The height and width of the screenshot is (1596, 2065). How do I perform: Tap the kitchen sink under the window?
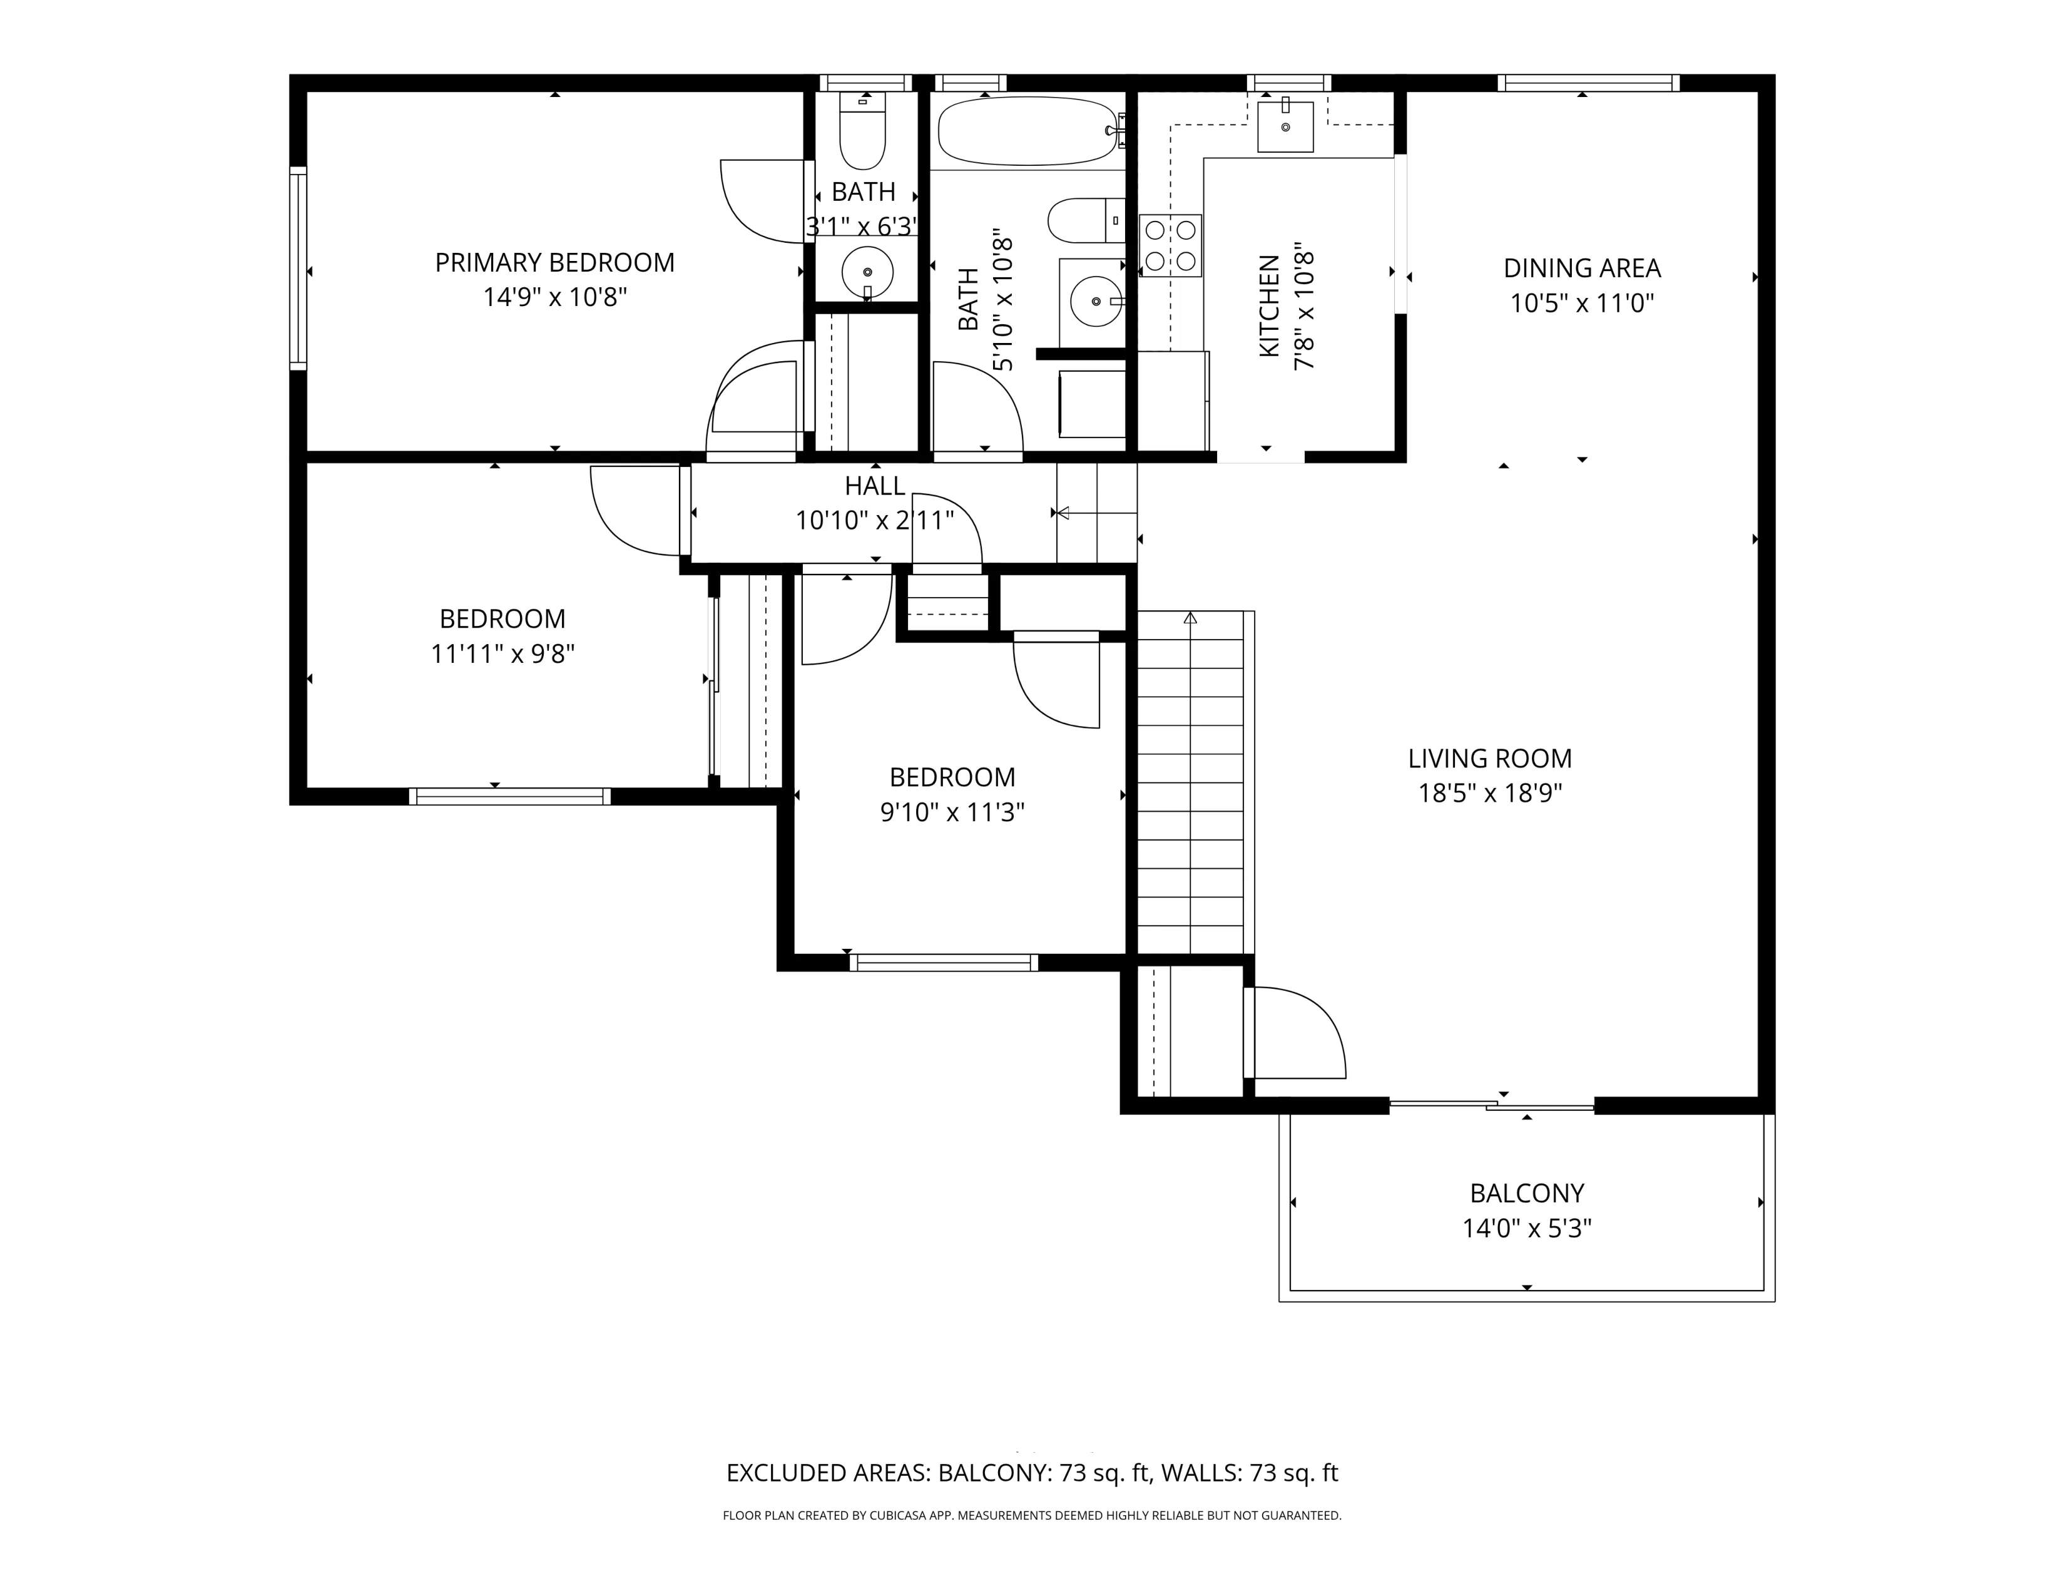point(1285,126)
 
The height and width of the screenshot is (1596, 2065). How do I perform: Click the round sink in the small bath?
point(867,272)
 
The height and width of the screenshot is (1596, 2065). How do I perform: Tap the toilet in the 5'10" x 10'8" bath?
point(1084,220)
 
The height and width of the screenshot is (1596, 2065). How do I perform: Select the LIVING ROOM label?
point(1489,759)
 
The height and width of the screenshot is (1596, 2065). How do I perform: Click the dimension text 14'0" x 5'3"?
point(1526,1228)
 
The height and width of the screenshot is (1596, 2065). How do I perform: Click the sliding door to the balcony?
point(1491,1104)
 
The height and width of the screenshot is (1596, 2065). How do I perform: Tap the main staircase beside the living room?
point(1190,785)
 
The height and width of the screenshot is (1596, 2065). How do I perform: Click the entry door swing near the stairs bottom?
point(1295,1033)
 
